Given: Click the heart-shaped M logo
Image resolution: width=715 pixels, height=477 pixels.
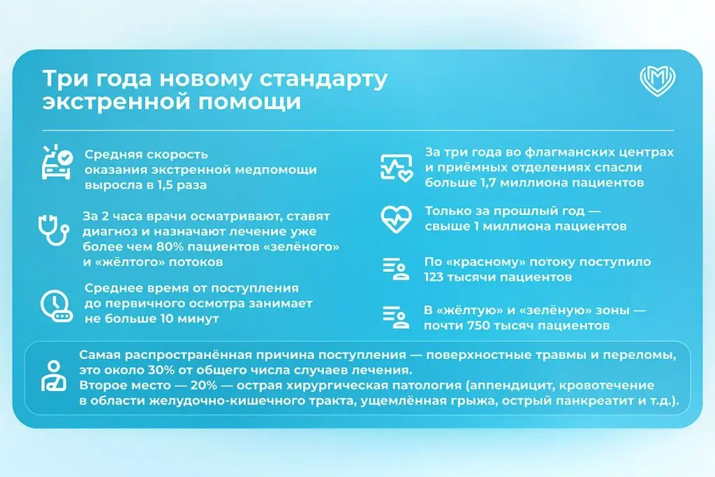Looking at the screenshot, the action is (657, 81).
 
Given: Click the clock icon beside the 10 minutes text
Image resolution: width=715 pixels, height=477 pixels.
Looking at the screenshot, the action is (57, 305).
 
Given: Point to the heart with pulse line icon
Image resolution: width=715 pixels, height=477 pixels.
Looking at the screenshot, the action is (397, 219).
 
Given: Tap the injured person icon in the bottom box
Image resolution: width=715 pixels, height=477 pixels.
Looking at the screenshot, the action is (54, 376).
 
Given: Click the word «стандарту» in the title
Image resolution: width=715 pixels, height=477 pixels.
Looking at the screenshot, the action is (324, 78).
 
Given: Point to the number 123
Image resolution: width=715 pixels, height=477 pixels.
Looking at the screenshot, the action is (434, 277).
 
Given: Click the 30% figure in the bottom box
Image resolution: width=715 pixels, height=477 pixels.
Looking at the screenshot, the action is (161, 370).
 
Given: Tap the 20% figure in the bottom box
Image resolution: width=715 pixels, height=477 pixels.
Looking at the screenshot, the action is (204, 386).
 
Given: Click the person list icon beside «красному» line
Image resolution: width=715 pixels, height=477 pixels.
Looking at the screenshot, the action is (396, 269).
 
